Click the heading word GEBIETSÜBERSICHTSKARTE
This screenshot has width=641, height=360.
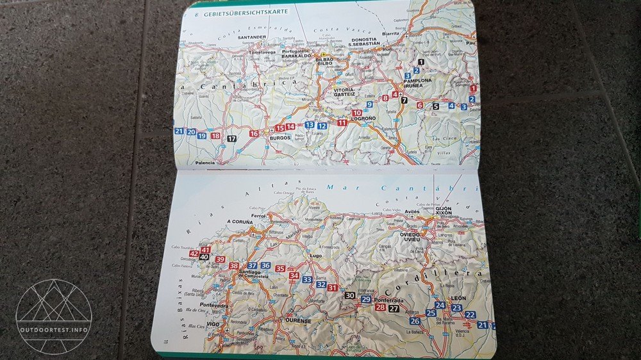pos(246,12)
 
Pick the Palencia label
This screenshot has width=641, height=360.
pos(204,163)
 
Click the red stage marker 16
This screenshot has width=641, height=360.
pos(254,133)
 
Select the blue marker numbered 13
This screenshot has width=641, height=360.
pos(310,125)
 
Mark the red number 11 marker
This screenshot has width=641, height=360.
pos(342,122)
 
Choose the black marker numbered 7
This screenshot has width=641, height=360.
pos(404,100)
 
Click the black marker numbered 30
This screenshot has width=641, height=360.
pos(349,295)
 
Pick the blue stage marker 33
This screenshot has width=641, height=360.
pos(307,279)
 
